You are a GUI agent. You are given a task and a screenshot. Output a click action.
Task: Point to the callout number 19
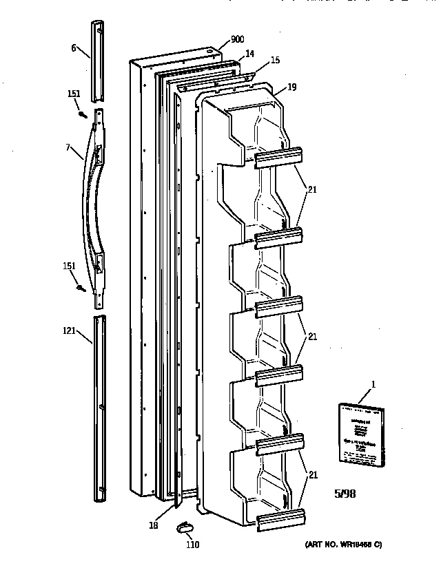pos(292,87)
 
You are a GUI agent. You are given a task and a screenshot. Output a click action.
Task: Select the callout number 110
pos(193,546)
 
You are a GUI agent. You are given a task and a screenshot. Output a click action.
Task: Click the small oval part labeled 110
pos(183,527)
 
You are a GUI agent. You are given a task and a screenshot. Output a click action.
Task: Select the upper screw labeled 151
pos(83,114)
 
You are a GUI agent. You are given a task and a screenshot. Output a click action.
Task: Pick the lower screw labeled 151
pos(83,288)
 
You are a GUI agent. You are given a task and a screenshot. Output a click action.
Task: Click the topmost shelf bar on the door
pos(279,157)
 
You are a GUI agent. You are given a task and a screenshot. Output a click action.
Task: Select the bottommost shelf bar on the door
pos(279,518)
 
